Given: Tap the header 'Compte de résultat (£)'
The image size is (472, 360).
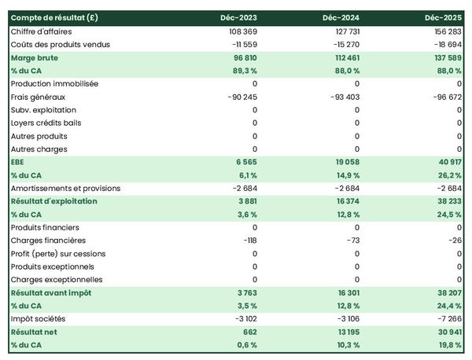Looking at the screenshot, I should pos(55,17).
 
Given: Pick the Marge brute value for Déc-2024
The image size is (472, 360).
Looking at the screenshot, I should pos(342,57).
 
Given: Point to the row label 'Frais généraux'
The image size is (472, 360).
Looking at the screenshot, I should pos(38,97).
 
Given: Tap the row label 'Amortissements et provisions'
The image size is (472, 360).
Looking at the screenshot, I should pos(65,189).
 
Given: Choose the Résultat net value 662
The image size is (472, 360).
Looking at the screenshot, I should pos(249,332).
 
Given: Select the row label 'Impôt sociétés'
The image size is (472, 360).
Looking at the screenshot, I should pos(38,318).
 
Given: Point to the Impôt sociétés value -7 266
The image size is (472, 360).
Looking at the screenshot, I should pos(446,318).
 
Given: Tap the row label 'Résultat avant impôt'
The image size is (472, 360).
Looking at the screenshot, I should pos(51,292).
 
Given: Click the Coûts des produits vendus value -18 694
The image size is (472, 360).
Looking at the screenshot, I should pos(445,45).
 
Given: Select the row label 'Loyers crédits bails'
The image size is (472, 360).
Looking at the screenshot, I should pos(46,123).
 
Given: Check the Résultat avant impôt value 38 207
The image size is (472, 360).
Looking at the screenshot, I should pos(446,292).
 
